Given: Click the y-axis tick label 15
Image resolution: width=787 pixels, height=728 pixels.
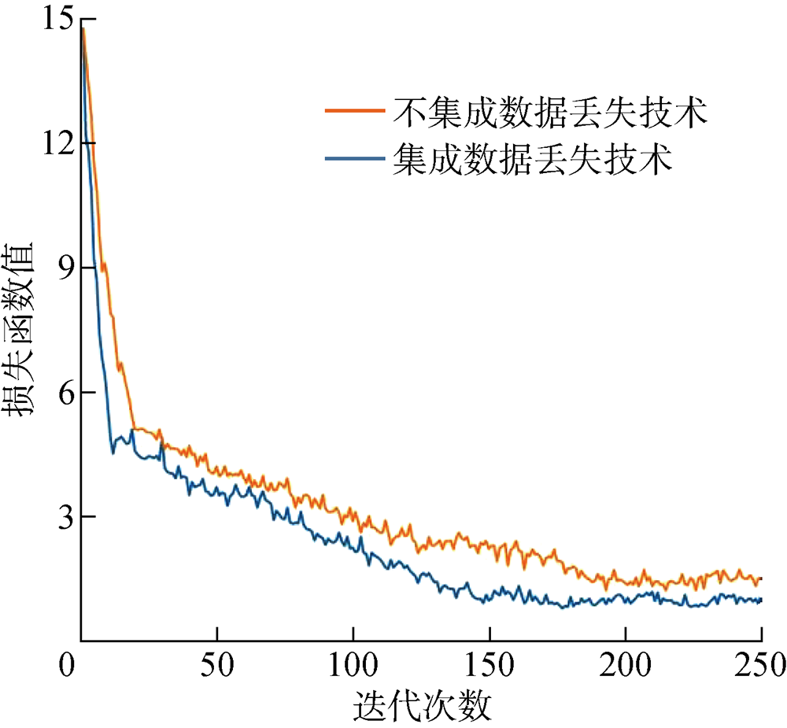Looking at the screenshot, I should (x=54, y=20).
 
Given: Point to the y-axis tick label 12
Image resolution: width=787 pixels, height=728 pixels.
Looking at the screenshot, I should (x=54, y=144).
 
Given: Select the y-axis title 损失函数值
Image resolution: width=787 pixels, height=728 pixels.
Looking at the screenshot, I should (x=25, y=331).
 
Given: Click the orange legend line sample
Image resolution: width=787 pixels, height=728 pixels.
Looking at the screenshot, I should (x=356, y=111).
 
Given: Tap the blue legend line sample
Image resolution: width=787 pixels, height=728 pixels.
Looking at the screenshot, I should (x=356, y=158).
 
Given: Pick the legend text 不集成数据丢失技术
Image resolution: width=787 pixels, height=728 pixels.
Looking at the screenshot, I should (x=549, y=113).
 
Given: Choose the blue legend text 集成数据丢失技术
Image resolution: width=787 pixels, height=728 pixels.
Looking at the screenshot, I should (x=533, y=158).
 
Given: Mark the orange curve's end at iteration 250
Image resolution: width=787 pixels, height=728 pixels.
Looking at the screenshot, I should (x=761, y=578).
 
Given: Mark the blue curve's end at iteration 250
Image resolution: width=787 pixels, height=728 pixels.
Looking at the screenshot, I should (x=761, y=600).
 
